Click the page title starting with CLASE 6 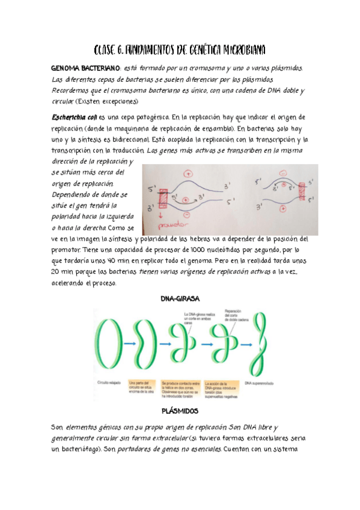coord(180,49)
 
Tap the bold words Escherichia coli coord(74,116)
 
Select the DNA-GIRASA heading coord(180,299)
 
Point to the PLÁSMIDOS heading coord(180,411)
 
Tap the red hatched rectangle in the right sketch coord(302,194)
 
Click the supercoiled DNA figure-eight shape coord(262,345)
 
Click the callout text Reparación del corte coord(234,315)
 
